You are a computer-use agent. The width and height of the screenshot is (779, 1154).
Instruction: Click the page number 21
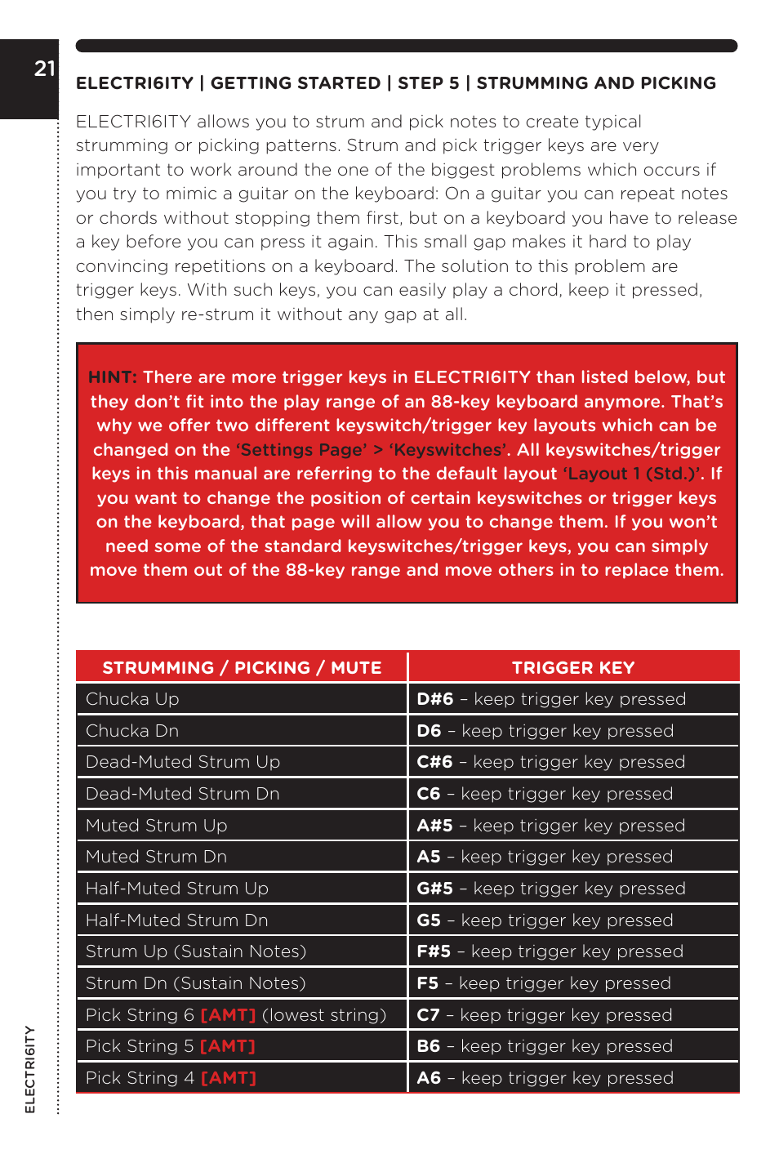point(44,69)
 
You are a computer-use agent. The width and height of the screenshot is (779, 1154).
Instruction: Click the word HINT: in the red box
point(113,377)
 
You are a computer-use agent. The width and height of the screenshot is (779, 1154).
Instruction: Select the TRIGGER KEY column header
point(572,668)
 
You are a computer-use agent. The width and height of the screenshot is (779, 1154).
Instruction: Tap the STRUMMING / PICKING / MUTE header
point(242,668)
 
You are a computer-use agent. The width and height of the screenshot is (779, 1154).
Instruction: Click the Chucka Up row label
point(132,699)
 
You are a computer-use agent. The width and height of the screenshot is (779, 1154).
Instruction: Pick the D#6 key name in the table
point(434,699)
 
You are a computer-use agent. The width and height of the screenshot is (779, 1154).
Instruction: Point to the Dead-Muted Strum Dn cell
point(183,794)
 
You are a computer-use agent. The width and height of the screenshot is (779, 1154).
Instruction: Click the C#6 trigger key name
point(434,762)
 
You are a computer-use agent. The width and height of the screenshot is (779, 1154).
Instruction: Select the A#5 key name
point(434,826)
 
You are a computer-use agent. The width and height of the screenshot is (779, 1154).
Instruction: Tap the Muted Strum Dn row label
point(156,857)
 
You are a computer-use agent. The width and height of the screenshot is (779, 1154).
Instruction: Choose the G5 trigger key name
point(429,920)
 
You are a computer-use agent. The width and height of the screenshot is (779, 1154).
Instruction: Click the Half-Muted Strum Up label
point(177,889)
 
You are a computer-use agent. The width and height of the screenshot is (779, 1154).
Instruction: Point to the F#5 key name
point(434,951)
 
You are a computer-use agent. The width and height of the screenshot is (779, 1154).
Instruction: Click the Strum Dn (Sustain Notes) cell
point(196,983)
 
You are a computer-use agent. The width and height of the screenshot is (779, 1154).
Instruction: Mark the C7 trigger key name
point(428,1015)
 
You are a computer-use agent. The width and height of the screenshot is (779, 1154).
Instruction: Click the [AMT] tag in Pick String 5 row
point(228,1046)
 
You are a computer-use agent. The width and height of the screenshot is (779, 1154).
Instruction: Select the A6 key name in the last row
point(429,1078)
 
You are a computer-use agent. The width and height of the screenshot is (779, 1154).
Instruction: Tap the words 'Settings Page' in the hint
point(301,450)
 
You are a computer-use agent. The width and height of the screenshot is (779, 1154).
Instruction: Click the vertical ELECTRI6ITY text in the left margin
point(30,1069)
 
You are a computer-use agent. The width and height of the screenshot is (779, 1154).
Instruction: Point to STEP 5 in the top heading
point(429,83)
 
